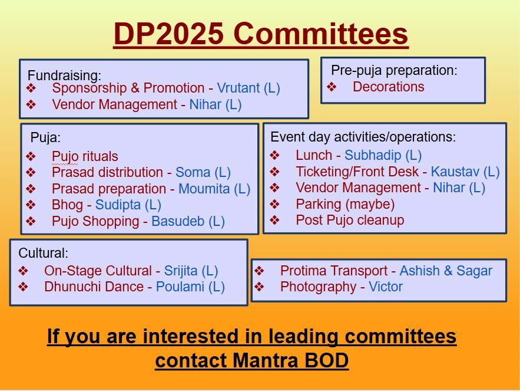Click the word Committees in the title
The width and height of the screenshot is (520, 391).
point(321,34)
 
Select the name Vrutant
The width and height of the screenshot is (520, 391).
point(238,88)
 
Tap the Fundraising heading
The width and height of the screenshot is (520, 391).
point(64,75)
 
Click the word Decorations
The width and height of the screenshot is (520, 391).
point(388,87)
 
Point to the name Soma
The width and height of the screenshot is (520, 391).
point(193,172)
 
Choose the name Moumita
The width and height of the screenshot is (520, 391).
point(204,189)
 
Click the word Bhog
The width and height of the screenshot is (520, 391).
point(67,205)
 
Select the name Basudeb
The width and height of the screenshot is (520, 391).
point(178,221)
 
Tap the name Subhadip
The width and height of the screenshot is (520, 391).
point(373,155)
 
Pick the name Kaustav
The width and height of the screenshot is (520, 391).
point(455,172)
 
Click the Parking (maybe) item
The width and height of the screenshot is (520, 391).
point(345,204)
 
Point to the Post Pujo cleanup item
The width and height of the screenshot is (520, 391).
point(350,220)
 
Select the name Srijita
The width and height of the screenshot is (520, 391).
point(181,271)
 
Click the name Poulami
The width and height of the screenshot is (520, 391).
point(180,287)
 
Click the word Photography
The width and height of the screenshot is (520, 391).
point(318,287)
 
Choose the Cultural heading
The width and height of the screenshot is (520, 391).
point(44,253)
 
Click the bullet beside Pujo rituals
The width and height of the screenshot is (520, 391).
point(31,156)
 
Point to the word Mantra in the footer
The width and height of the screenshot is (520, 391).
point(266,360)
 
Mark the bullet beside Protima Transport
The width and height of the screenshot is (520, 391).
point(259,271)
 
